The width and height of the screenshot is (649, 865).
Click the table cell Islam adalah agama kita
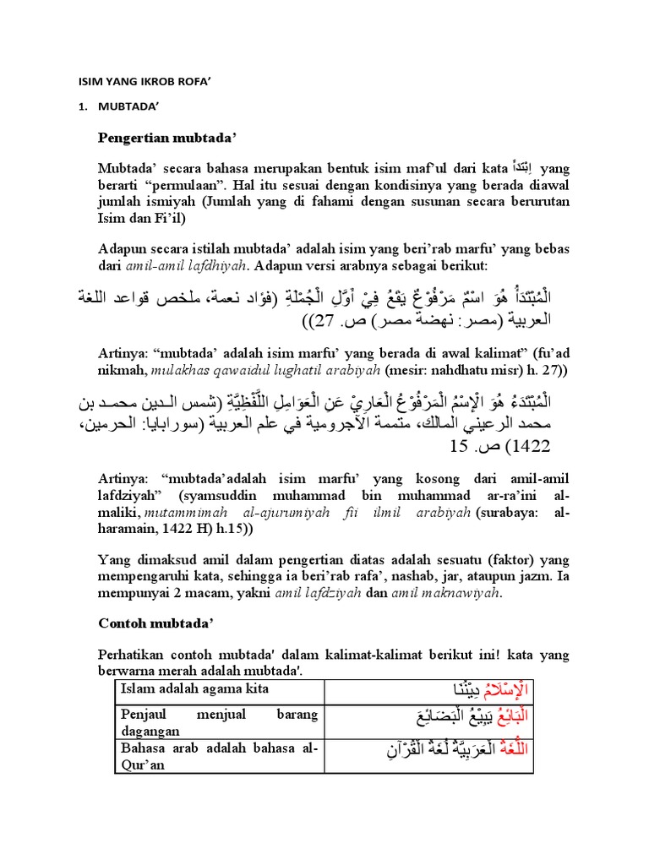click(194, 689)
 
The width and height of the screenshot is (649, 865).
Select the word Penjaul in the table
click(145, 714)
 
